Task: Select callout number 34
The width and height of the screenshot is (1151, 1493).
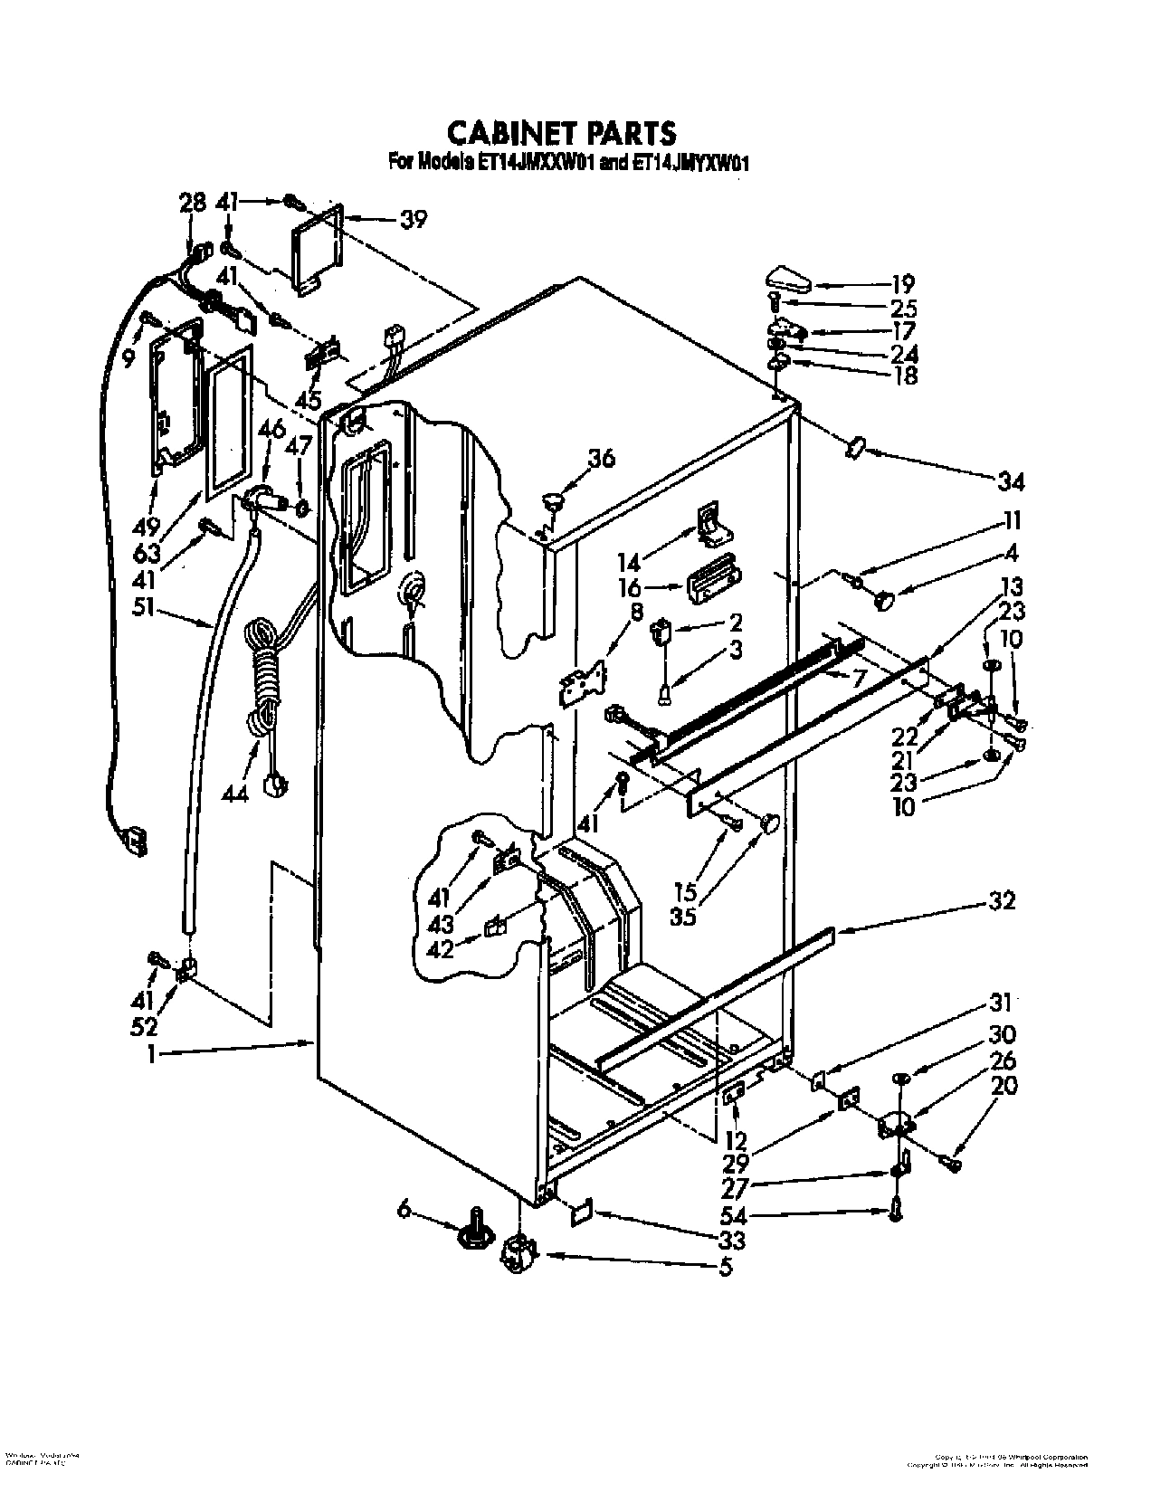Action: tap(1010, 483)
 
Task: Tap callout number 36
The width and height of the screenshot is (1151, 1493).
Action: tap(600, 460)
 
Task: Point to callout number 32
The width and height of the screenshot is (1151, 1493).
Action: tap(1002, 900)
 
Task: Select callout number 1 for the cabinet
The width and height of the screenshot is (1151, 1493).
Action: tap(153, 1053)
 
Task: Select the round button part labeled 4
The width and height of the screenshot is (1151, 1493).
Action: tap(884, 597)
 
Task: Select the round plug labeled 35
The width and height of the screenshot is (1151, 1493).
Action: tap(770, 823)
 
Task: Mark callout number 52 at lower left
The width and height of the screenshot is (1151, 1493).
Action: tap(143, 1026)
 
